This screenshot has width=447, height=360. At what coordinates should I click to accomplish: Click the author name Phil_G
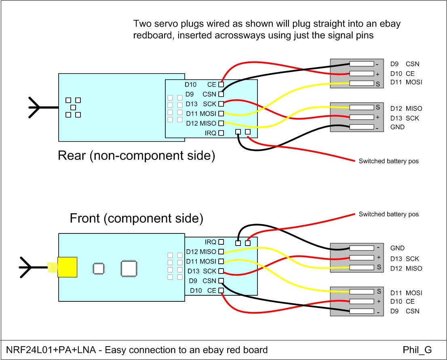click(417, 349)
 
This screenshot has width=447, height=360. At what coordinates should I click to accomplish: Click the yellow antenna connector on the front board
click(67, 267)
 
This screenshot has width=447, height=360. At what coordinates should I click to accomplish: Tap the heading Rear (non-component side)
click(136, 156)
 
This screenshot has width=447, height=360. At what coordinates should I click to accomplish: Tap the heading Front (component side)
click(136, 218)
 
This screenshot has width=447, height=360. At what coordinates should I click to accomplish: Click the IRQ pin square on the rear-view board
click(221, 133)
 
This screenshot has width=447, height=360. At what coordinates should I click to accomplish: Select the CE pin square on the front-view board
click(221, 290)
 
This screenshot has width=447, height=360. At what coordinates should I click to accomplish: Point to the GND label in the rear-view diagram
click(397, 127)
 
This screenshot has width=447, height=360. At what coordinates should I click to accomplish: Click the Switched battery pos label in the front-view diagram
click(388, 214)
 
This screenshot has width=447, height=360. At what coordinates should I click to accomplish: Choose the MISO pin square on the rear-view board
click(221, 123)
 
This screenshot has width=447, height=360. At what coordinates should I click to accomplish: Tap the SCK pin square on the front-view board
click(221, 271)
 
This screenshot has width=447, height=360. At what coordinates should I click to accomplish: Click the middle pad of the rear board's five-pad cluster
click(73, 108)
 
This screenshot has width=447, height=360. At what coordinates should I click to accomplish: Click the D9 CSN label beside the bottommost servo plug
click(405, 311)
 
